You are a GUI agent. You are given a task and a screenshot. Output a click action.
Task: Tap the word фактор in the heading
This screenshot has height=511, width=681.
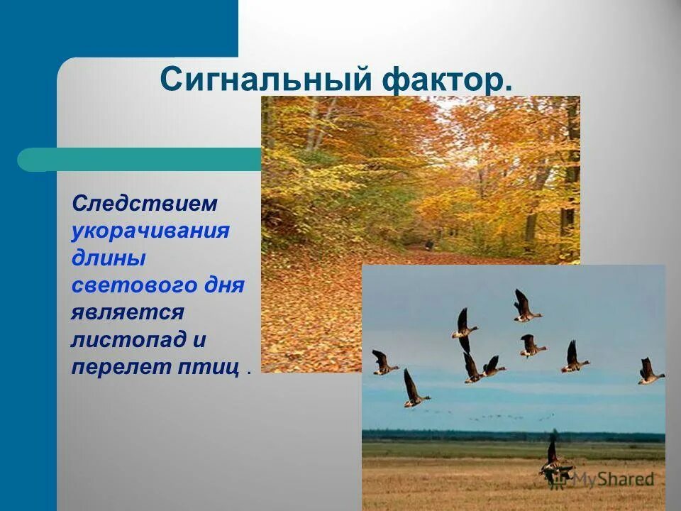(448, 79)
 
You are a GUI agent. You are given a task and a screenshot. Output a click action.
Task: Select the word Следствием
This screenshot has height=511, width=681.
(145, 204)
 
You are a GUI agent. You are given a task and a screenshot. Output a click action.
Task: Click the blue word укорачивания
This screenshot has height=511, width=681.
(150, 231)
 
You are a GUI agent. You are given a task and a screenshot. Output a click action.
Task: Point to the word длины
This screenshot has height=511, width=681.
(108, 258)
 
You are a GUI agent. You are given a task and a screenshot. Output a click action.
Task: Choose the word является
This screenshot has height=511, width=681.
(128, 312)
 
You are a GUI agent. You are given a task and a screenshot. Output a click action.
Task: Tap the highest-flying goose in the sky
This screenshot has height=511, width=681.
(526, 307)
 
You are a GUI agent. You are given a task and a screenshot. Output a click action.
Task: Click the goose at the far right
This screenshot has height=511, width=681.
(648, 372)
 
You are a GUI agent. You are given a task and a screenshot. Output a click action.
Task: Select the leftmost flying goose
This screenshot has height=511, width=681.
(384, 363)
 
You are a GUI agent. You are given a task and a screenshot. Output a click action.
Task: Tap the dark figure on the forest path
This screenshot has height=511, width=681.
(428, 245)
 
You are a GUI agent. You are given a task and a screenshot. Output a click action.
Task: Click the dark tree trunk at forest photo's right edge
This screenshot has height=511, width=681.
(569, 177)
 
